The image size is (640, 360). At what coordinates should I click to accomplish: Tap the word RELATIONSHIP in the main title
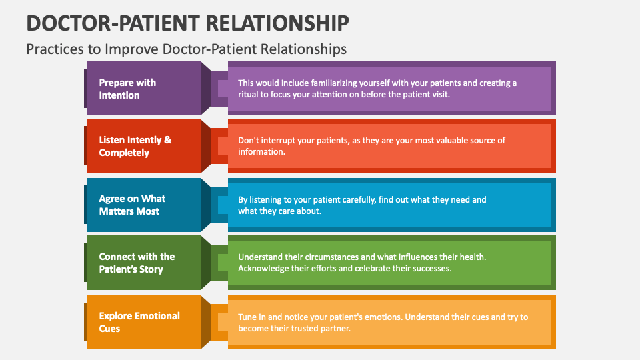point(278,22)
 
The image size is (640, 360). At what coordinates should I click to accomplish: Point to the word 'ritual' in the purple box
point(249,95)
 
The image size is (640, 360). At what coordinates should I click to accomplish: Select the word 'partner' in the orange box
point(335,329)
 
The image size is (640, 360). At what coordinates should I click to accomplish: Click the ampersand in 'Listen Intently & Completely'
point(167,140)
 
